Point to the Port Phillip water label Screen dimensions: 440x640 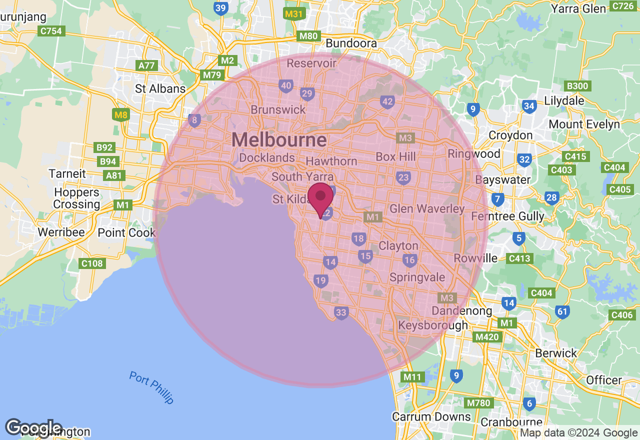tap(151, 387)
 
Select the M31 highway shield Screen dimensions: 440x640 tap(294, 14)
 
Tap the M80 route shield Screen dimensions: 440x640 tap(308, 36)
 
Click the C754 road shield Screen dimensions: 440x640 tap(51, 31)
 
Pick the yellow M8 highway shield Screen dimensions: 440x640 tap(121, 115)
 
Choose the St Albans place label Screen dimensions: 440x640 tap(160, 89)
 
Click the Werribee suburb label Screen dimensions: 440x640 tap(61, 232)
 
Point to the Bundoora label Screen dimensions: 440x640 tap(351, 43)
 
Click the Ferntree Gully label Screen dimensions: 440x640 tap(507, 216)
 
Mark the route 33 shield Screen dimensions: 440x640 tap(341, 313)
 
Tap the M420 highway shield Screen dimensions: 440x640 tap(487, 337)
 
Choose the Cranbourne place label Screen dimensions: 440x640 tap(511, 423)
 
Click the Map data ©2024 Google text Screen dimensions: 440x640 tap(579, 433)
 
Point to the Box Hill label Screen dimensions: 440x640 tap(395, 157)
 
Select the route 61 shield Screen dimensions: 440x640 tap(562, 312)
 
